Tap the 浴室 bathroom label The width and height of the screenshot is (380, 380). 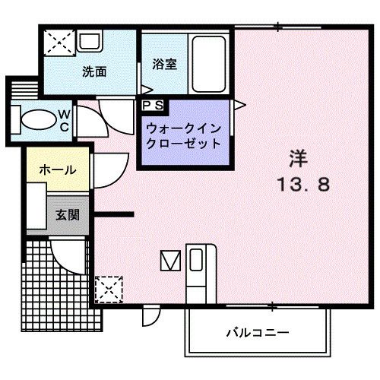(x=164, y=65)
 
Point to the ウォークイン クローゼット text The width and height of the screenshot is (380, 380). (x=182, y=135)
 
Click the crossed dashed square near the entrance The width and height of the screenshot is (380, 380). (x=109, y=288)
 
